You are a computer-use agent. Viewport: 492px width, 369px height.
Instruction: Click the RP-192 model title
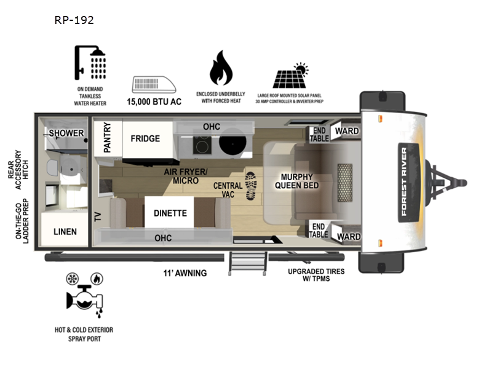[x=74, y=20]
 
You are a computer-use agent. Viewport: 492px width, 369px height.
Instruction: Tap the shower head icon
[x=90, y=63]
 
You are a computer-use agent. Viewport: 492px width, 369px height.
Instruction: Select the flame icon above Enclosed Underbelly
[x=221, y=68]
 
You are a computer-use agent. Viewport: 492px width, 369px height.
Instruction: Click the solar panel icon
[x=290, y=76]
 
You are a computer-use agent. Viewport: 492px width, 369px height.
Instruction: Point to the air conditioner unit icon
[x=154, y=85]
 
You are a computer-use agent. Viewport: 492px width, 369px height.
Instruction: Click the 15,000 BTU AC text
[x=154, y=101]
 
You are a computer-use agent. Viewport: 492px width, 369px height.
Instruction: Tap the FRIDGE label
[x=145, y=138]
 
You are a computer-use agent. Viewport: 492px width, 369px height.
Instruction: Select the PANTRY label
[x=107, y=137]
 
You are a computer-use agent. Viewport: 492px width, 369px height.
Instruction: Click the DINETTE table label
[x=170, y=213]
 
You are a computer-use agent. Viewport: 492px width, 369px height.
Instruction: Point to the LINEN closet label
[x=65, y=232]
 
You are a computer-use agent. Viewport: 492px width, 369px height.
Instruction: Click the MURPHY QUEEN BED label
[x=297, y=181]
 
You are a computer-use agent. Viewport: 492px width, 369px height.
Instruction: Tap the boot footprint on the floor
[x=251, y=186]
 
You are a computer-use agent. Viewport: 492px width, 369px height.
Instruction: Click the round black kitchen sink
[x=232, y=143]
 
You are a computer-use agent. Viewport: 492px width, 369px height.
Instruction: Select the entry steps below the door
[x=247, y=263]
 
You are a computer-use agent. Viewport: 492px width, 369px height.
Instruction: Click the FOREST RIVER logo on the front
[x=404, y=182]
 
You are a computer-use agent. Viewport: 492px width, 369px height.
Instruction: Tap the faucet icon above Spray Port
[x=84, y=298]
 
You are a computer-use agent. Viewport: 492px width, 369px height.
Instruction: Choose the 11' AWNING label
[x=185, y=273]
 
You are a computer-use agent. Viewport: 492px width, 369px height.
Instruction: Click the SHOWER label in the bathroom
[x=66, y=133]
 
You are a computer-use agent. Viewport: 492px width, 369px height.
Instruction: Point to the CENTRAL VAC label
[x=228, y=190]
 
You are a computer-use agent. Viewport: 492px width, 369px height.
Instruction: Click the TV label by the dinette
[x=98, y=217]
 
